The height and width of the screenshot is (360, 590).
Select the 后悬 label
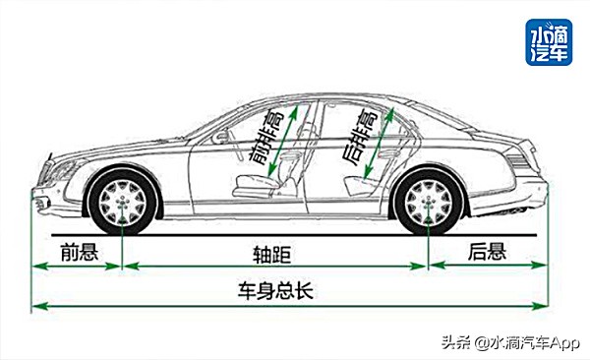tap(486, 253)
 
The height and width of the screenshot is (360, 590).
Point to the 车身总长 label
tap(274, 291)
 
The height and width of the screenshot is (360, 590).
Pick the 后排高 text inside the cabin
tap(357, 137)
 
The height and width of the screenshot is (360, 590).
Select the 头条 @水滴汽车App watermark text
tap(511, 341)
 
